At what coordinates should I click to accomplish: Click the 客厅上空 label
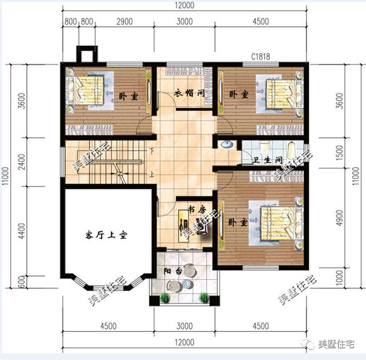click(x=106, y=235)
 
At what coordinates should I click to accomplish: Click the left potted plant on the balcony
click(x=165, y=298)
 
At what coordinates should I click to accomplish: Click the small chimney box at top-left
click(x=84, y=55)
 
